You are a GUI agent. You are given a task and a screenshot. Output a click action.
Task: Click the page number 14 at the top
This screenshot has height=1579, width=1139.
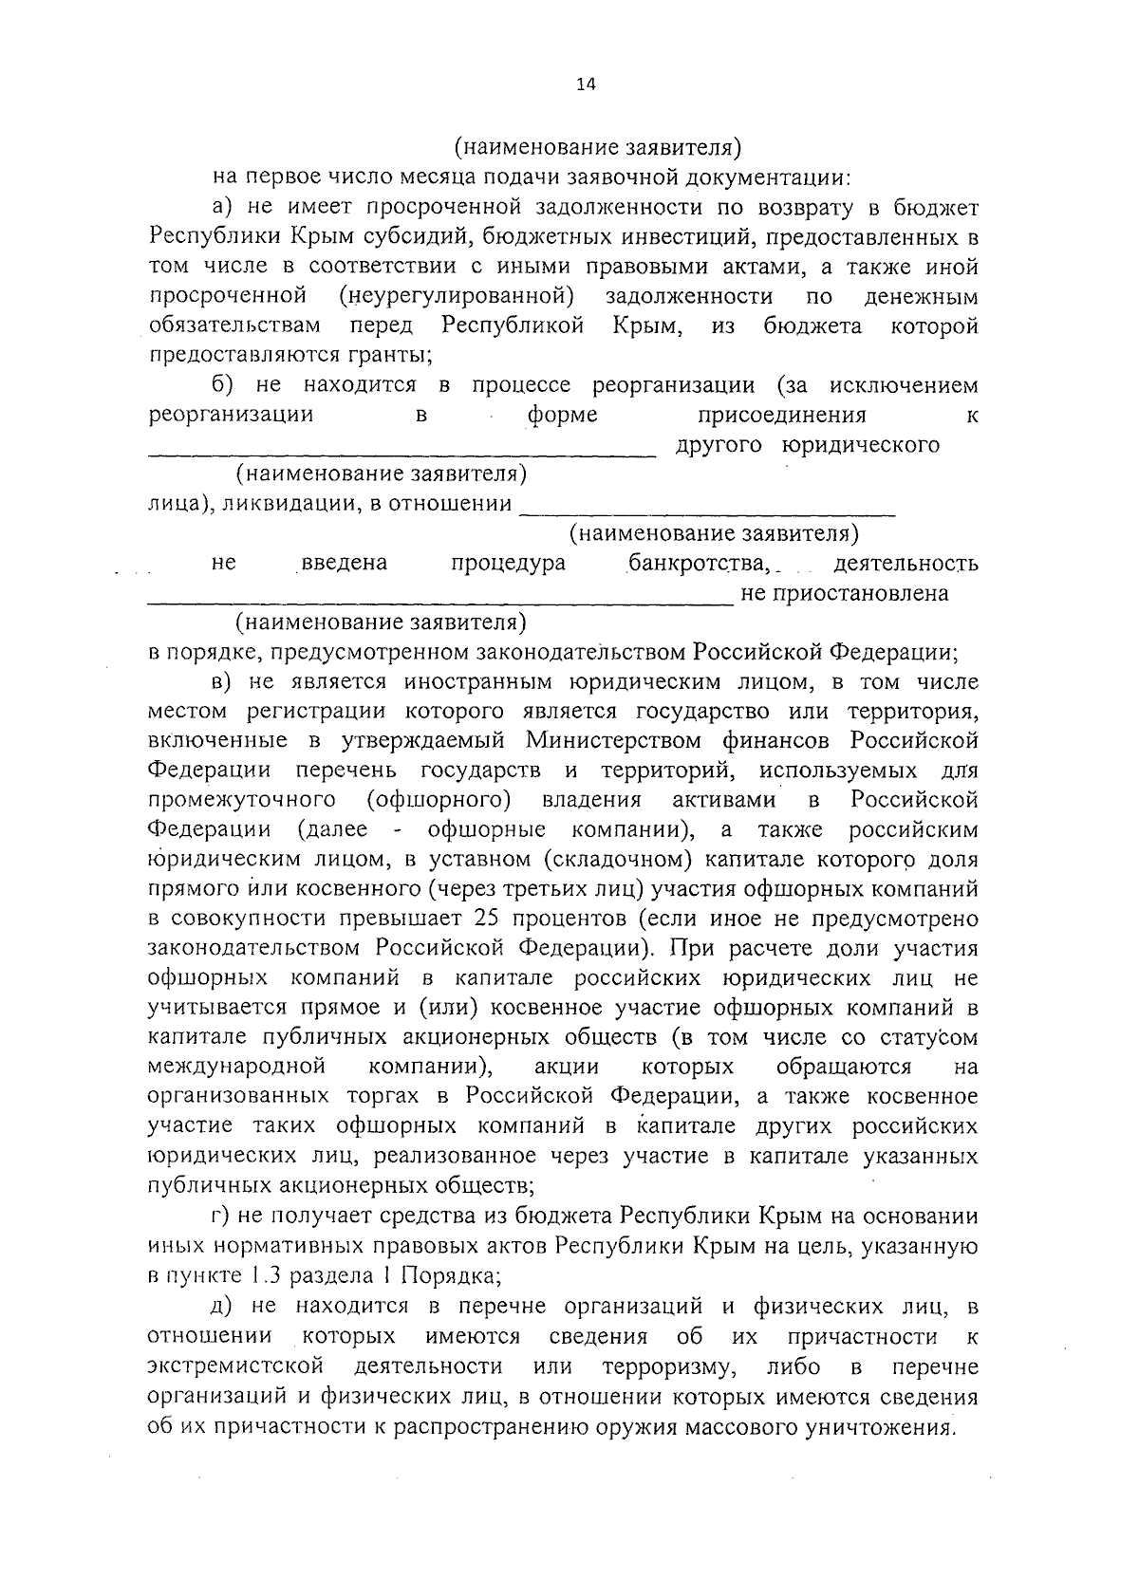(x=585, y=84)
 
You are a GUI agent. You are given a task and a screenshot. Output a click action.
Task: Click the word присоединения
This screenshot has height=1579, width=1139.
(x=781, y=415)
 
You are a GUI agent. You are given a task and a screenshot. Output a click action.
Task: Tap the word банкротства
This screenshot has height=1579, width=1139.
(x=697, y=563)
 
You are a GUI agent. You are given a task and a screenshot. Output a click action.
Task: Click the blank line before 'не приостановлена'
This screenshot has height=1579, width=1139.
(x=440, y=602)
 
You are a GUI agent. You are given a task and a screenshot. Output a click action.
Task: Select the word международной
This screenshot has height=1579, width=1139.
(x=237, y=1066)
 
